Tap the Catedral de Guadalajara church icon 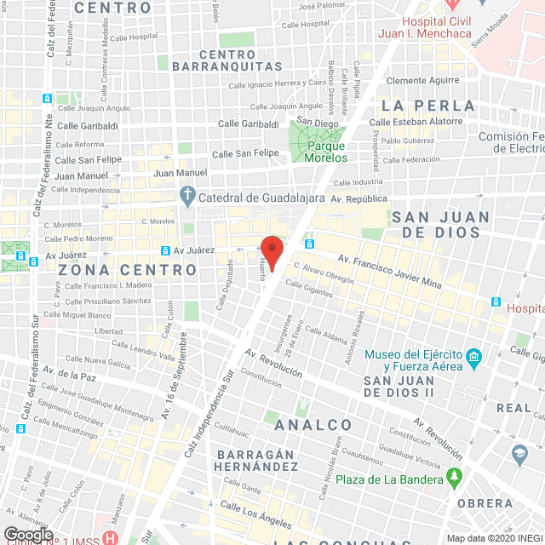188,198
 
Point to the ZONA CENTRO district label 128,270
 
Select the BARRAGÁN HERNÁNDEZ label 256,460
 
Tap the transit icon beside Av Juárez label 165,250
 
